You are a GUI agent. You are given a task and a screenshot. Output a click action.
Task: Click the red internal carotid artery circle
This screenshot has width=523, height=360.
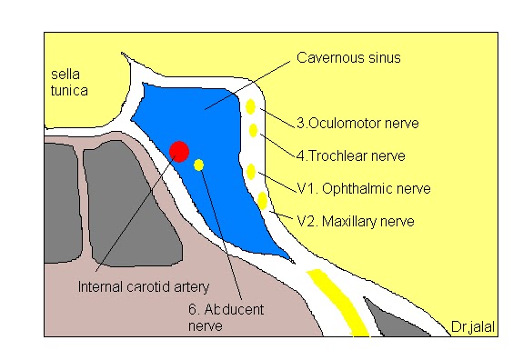click(179, 151)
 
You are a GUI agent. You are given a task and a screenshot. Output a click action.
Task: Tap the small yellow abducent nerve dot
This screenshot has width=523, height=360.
click(199, 165)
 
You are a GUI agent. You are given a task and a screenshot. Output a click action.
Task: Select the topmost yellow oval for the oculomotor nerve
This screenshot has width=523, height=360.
click(250, 108)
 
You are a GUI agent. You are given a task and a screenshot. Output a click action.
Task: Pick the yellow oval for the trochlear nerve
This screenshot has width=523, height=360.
click(254, 131)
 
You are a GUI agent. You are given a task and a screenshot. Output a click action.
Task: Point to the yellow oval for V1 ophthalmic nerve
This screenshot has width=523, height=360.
click(251, 170)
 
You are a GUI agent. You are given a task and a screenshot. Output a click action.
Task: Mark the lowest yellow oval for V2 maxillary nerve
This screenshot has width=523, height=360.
click(263, 200)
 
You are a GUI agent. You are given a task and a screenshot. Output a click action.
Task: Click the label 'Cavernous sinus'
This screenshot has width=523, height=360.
click(348, 58)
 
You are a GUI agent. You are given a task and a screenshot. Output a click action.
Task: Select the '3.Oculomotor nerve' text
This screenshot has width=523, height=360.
click(347, 123)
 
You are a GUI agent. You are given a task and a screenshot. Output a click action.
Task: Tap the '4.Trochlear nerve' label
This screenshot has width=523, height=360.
click(344, 155)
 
